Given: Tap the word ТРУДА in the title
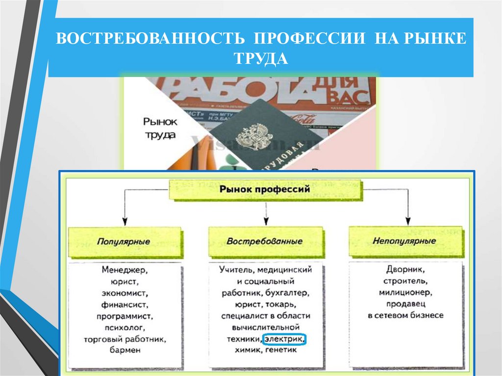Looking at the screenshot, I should pyautogui.click(x=260, y=58).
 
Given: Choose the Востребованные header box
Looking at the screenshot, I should pyautogui.click(x=265, y=242).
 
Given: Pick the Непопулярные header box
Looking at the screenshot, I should pyautogui.click(x=404, y=241).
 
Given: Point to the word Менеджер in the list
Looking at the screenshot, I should pyautogui.click(x=125, y=270).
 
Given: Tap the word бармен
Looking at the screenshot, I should pyautogui.click(x=125, y=350).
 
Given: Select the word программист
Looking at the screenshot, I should pyautogui.click(x=125, y=316).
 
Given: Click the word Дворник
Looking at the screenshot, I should pyautogui.click(x=405, y=270).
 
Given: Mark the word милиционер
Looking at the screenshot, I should pyautogui.click(x=405, y=293).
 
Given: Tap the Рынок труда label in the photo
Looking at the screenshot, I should pyautogui.click(x=159, y=128).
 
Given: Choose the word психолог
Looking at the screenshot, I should pyautogui.click(x=125, y=327).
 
